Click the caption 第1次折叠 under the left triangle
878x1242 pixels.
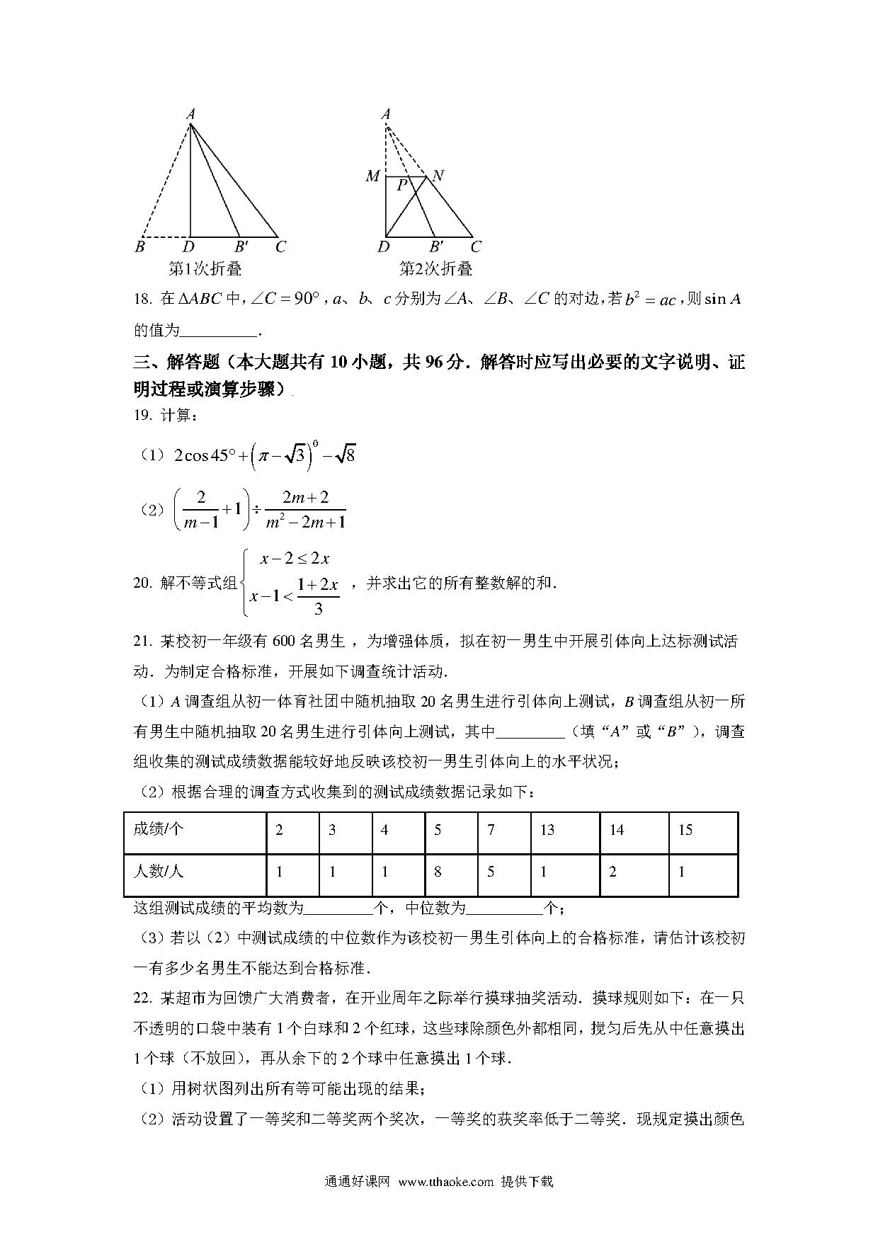click(205, 269)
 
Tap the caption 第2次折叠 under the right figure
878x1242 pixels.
click(435, 269)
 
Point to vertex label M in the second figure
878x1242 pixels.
click(372, 176)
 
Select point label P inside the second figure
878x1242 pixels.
click(401, 186)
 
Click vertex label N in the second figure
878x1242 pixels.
click(438, 176)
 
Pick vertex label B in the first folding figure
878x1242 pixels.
click(140, 247)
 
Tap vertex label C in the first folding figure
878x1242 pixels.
click(280, 247)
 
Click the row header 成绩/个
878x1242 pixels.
click(158, 829)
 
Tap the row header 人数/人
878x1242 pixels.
click(158, 872)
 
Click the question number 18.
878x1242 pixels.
click(142, 300)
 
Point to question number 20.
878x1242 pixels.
click(142, 583)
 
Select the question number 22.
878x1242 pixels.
click(142, 998)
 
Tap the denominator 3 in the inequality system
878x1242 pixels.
click(318, 608)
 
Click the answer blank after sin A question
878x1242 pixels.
click(220, 331)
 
